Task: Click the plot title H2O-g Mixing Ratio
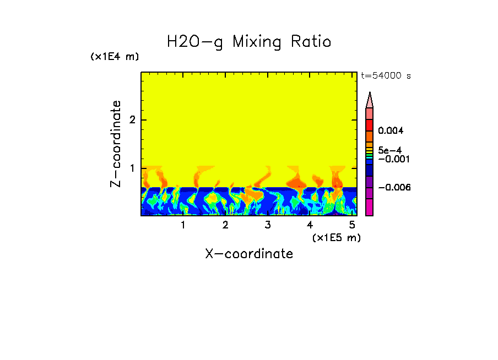tap(249, 42)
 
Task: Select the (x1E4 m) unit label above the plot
tap(115, 57)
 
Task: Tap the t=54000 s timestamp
tap(386, 76)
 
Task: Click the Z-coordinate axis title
tap(116, 144)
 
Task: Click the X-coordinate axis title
tap(249, 254)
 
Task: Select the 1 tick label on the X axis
tap(183, 225)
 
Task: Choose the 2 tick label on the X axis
tap(225, 225)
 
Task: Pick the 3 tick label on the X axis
tap(268, 225)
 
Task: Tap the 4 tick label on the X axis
tap(310, 225)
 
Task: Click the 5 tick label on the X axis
tap(353, 225)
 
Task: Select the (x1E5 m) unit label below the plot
tap(336, 237)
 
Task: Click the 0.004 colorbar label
tap(391, 131)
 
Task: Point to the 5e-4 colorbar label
tap(389, 150)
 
